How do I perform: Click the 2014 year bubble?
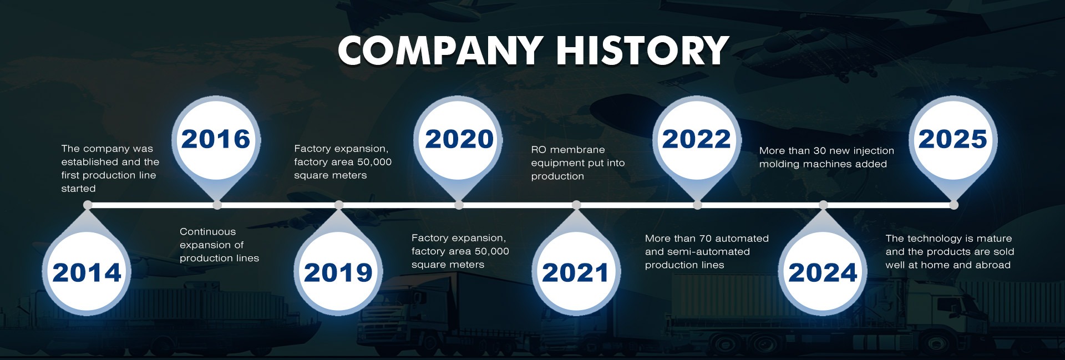coord(87,272)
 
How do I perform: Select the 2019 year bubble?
coord(338,272)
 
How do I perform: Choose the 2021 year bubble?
coord(576,272)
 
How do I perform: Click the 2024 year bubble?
coord(823,272)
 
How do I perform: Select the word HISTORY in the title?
coord(642,50)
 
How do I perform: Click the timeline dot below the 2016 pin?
coord(217,205)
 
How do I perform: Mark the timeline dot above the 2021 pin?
coord(576,205)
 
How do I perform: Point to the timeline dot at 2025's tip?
coord(954,205)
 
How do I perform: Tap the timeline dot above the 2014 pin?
coord(88,205)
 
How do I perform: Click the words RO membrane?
coord(568,150)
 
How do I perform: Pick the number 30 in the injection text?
coord(819,151)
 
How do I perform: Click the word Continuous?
coord(207,232)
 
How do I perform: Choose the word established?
coord(88,162)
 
